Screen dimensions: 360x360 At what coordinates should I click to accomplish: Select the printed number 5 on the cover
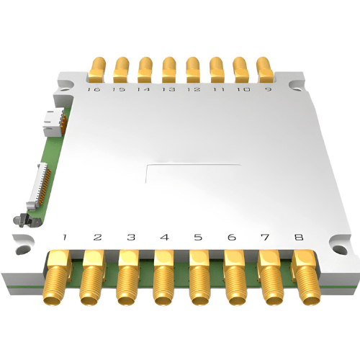tap(198, 237)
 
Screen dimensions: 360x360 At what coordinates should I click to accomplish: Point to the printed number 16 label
tap(93, 90)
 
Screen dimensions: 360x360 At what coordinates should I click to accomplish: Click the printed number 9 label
tap(268, 90)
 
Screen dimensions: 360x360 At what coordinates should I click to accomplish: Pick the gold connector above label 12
tap(193, 70)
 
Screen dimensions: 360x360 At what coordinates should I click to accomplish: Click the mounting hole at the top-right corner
tap(295, 87)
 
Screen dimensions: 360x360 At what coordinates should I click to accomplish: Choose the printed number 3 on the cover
tap(131, 237)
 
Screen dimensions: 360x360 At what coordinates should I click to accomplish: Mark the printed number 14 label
tap(143, 90)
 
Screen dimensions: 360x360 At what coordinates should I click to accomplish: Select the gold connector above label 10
tap(242, 70)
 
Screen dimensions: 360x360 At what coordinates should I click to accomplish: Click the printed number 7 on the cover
tap(264, 237)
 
